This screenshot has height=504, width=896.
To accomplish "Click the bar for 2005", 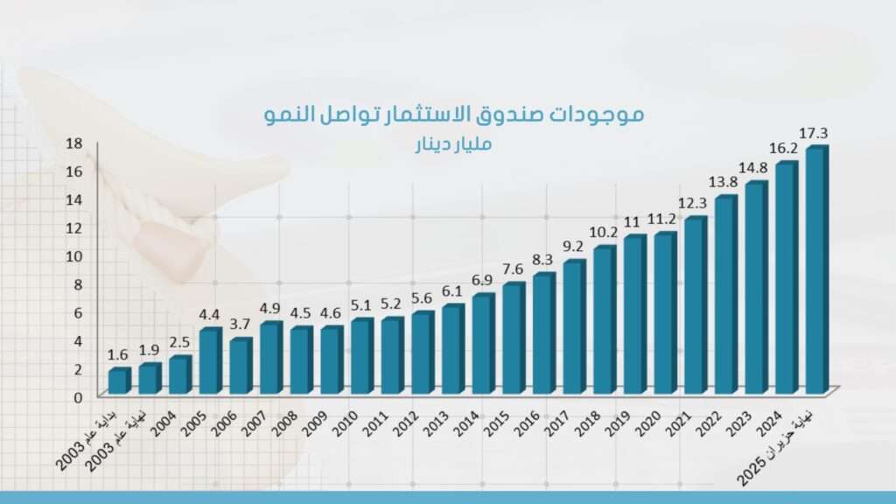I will [x=209, y=361].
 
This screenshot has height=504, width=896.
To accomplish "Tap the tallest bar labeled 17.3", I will [x=815, y=271].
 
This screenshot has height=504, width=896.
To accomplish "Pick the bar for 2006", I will [x=240, y=367].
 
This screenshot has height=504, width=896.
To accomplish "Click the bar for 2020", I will [x=664, y=314].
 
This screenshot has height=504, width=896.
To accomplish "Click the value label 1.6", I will [x=118, y=354].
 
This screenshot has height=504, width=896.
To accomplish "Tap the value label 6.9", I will [x=483, y=280].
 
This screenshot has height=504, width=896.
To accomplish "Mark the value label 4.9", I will [x=270, y=308].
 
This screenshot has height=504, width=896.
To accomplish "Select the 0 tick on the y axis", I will [x=77, y=396].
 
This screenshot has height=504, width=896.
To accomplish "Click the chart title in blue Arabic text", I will [x=454, y=114].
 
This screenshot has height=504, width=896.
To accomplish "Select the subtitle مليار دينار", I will [x=453, y=143].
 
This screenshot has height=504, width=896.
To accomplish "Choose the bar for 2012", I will [x=422, y=353].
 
